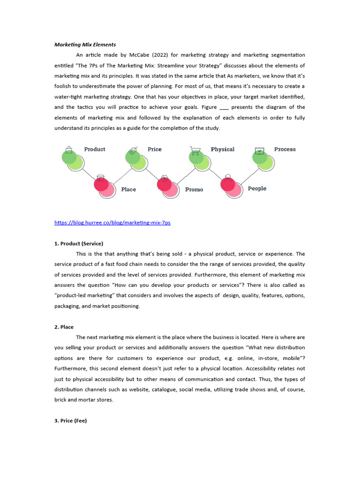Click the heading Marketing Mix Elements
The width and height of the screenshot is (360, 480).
click(85, 45)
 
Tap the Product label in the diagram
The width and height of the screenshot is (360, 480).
click(95, 149)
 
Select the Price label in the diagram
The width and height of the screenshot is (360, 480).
click(154, 149)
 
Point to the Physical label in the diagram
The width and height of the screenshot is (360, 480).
click(222, 149)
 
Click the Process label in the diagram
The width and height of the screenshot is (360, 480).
click(285, 149)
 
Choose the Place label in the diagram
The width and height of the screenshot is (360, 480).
click(128, 189)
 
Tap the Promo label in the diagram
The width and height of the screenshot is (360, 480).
click(194, 189)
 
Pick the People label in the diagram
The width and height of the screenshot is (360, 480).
click(257, 188)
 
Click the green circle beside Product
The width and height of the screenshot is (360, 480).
click(70, 157)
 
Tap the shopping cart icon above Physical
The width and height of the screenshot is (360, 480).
click(195, 150)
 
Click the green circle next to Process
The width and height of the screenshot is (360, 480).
click(261, 157)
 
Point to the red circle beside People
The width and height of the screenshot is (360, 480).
click(228, 184)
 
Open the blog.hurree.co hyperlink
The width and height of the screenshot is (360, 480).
click(112, 223)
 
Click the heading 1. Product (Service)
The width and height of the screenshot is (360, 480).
click(79, 243)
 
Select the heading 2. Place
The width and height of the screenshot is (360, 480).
click(64, 327)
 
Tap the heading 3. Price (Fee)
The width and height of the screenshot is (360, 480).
click(71, 420)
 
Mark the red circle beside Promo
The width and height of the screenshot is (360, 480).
click(165, 184)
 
